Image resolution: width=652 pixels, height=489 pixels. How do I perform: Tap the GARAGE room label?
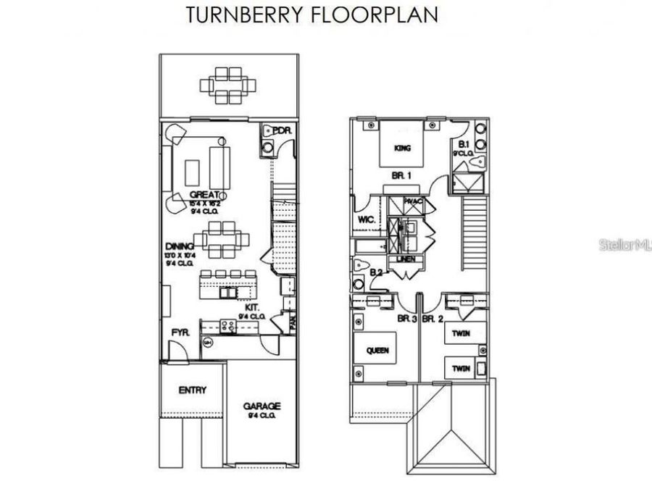pos(262,407)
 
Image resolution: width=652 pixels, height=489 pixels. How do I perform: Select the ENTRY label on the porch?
pos(192,390)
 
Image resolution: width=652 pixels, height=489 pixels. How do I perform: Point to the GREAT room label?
pos(204,195)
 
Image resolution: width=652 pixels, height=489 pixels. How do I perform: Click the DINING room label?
pos(179,246)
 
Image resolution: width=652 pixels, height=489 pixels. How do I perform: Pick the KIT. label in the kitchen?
pos(252,307)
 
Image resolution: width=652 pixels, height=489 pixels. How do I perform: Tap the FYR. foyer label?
pos(180,333)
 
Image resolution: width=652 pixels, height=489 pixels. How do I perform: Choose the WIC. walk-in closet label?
pos(366,220)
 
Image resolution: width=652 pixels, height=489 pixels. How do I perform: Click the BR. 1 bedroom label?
pos(402,175)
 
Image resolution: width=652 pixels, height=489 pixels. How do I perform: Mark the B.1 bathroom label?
pos(464,144)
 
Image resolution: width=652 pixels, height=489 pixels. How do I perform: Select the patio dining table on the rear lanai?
pos(230,84)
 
